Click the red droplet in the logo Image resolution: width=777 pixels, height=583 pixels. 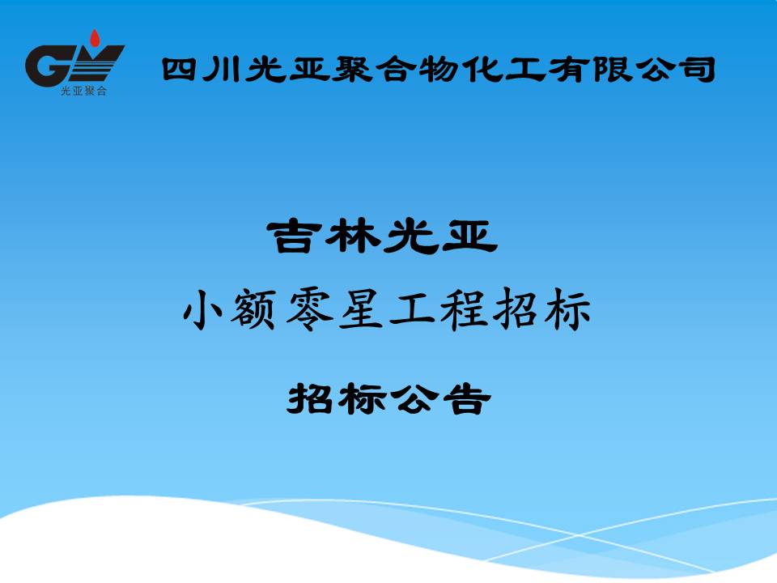pyautogui.click(x=94, y=39)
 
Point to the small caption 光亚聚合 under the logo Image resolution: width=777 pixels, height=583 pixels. pyautogui.click(x=83, y=91)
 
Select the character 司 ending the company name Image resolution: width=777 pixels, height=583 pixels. pyautogui.click(x=698, y=70)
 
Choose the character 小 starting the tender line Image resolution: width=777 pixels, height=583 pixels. pyautogui.click(x=202, y=311)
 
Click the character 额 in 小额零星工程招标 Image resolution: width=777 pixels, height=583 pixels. pyautogui.click(x=253, y=311)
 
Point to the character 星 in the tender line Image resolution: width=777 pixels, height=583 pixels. pyautogui.click(x=360, y=311)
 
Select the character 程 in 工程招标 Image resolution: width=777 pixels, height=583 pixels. pyautogui.click(x=463, y=311)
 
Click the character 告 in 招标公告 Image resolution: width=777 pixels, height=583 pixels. pyautogui.click(x=467, y=398)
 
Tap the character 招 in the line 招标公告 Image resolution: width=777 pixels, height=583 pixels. pyautogui.click(x=310, y=398)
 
